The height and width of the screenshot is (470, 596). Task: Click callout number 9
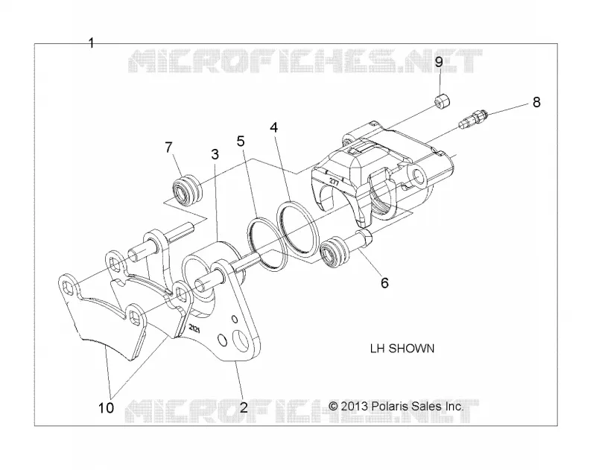[439, 62]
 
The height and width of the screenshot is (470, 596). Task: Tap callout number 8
[536, 102]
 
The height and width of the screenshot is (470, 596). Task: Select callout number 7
[169, 147]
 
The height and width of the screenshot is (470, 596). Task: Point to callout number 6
[384, 283]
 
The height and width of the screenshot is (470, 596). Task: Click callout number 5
[241, 141]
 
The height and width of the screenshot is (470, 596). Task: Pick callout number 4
[273, 127]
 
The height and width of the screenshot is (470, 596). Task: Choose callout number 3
[215, 154]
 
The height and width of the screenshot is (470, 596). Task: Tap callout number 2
[244, 407]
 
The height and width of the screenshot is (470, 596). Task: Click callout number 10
[106, 408]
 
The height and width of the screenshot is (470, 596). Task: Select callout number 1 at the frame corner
[91, 43]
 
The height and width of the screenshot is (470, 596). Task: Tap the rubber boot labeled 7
[187, 189]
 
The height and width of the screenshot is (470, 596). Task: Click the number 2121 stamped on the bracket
[194, 328]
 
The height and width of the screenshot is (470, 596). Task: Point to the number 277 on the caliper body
[334, 180]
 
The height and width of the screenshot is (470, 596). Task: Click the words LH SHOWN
[402, 349]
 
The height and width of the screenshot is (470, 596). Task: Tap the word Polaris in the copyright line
[390, 406]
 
